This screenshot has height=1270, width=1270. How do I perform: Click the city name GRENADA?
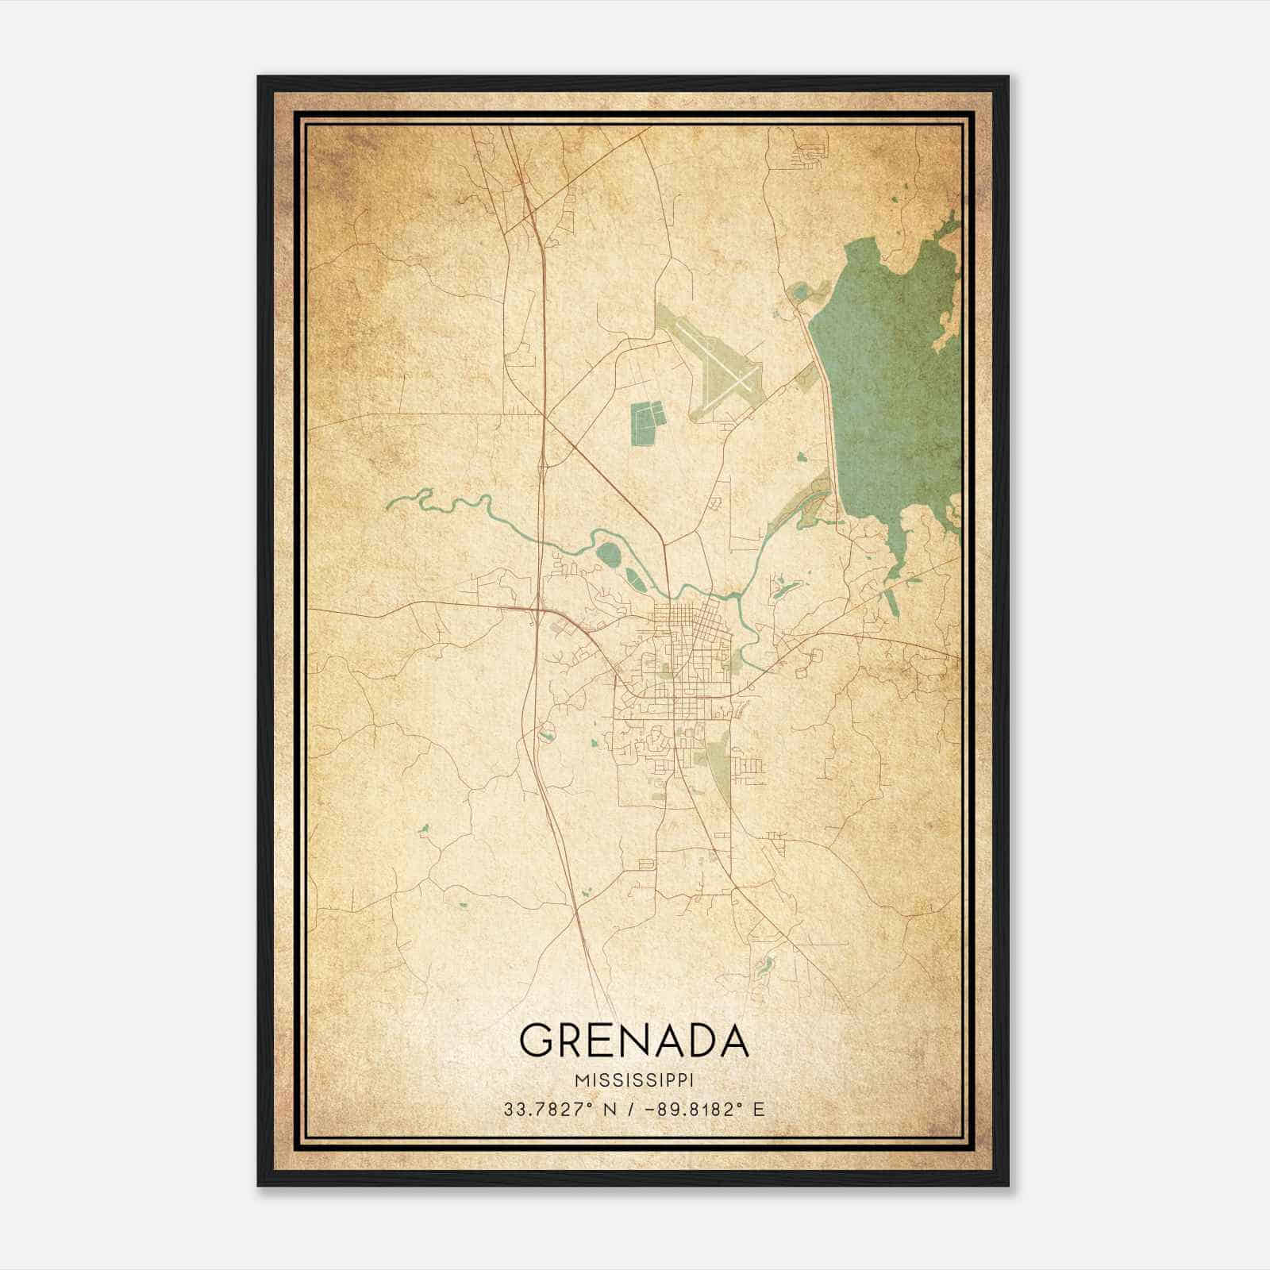(x=633, y=1040)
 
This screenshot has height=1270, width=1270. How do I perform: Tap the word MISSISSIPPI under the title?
(x=634, y=1080)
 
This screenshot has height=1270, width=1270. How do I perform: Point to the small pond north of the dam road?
(x=799, y=294)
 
